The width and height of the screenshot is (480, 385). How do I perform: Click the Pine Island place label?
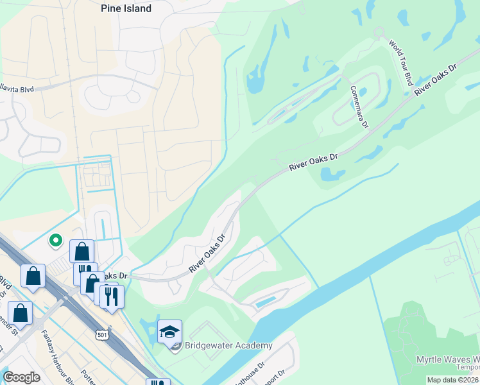[x=126, y=9]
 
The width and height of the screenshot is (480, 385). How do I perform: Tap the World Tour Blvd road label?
[x=400, y=62]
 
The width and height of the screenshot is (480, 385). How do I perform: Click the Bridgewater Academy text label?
[x=229, y=346]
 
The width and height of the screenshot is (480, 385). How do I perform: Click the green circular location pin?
[x=56, y=241]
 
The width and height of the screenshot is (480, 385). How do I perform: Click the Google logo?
[x=21, y=377]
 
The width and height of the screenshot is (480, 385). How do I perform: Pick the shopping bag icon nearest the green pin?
[x=81, y=251]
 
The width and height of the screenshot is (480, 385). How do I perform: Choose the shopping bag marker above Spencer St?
[x=20, y=313]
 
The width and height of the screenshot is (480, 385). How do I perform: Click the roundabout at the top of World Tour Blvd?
[x=379, y=31]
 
